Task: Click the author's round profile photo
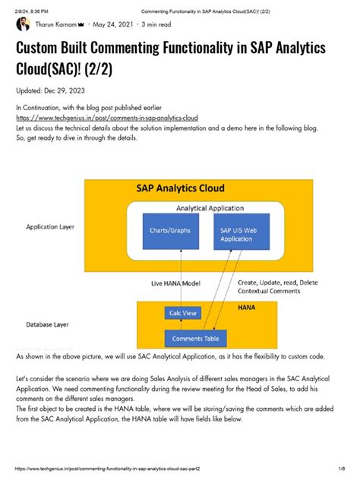23,24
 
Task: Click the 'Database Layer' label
49,324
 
